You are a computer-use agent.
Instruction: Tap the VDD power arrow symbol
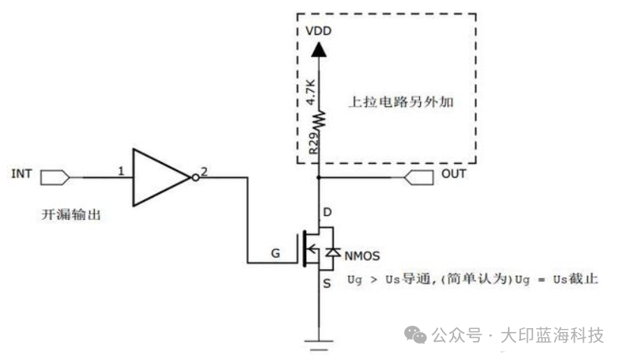319,50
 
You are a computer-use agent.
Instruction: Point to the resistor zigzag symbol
319,118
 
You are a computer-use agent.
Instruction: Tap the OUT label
453,174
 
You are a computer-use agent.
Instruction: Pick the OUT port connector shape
419,177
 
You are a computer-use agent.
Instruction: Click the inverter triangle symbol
159,177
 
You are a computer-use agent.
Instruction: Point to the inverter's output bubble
195,177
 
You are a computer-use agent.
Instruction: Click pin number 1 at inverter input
121,171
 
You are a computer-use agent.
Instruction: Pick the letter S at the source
328,284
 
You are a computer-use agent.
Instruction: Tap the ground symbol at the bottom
319,343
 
